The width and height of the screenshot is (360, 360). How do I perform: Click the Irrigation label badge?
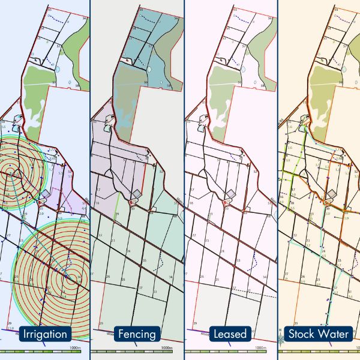(45, 334)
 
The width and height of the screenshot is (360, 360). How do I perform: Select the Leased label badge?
(231, 334)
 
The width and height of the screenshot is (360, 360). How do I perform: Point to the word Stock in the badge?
(302, 334)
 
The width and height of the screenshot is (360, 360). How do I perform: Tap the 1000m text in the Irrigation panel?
(74, 347)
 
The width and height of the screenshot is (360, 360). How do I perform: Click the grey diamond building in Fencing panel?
(138, 193)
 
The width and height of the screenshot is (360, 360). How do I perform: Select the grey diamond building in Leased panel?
(231, 193)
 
